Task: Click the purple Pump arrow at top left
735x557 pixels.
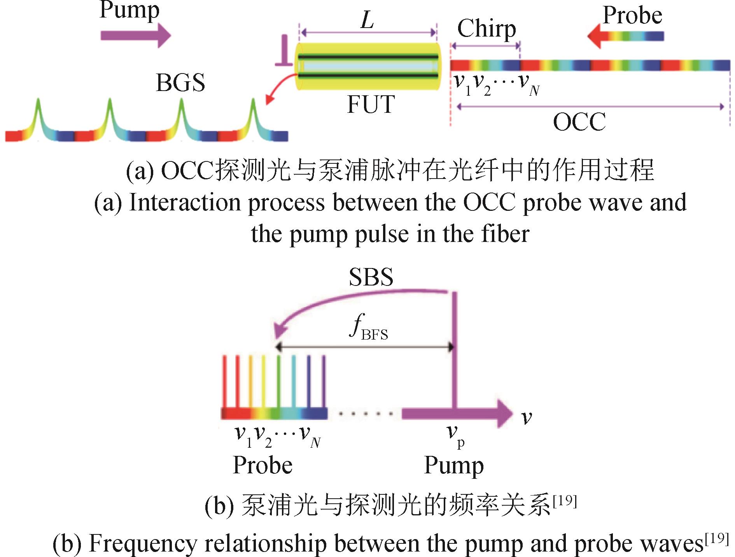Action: (x=136, y=35)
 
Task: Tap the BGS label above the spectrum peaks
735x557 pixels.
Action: (x=180, y=82)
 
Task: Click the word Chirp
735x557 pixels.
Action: (x=486, y=30)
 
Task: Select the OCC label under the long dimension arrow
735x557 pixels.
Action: (x=579, y=122)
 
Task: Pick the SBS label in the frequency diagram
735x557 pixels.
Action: (x=371, y=277)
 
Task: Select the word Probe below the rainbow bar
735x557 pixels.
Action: (x=262, y=465)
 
